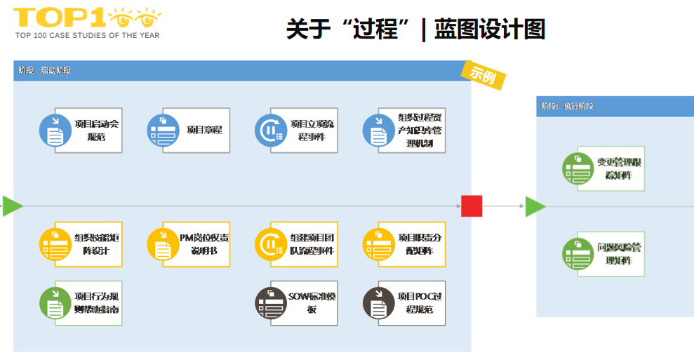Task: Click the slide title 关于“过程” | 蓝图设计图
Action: (x=415, y=29)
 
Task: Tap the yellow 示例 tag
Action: (x=483, y=73)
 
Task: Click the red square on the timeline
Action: (x=472, y=206)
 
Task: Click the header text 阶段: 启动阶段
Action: (x=45, y=71)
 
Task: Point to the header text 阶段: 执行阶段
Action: (x=567, y=107)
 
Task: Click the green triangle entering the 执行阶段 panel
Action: (x=535, y=206)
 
